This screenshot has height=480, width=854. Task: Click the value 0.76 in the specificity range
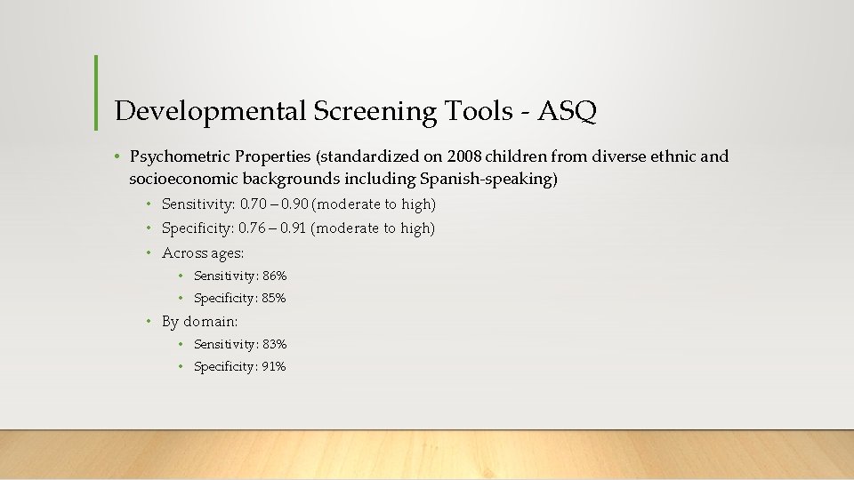[x=254, y=228]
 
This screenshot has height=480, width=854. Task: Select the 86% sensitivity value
[x=275, y=276]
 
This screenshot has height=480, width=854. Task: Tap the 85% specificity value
[x=274, y=299]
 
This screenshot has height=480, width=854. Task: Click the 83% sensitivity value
[x=275, y=344]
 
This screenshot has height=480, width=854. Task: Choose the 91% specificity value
[x=274, y=366]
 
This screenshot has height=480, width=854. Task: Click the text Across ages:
[x=203, y=253]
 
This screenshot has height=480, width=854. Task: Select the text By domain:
[x=199, y=322]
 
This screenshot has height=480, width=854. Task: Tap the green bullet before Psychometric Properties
[x=117, y=157]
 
